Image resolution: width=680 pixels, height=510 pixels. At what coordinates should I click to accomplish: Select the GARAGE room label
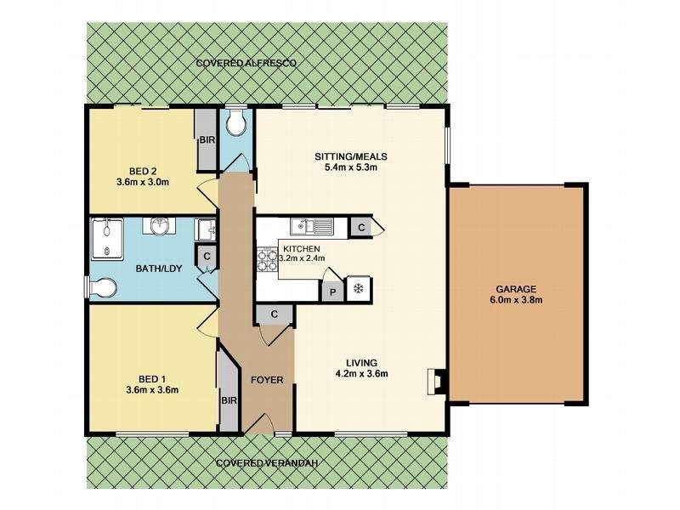pos(518,288)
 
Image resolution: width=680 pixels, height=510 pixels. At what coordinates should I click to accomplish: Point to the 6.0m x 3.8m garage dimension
pos(518,299)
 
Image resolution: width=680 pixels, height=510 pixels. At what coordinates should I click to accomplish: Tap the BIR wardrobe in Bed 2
pos(207,140)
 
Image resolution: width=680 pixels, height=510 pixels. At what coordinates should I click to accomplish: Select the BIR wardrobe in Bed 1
pos(228,399)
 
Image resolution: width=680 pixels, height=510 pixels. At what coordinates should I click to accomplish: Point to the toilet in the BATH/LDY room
pos(102,290)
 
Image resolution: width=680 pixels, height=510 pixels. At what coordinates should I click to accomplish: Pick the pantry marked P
pos(332,289)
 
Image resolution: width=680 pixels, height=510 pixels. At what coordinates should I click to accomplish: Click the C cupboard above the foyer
pos(275,314)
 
